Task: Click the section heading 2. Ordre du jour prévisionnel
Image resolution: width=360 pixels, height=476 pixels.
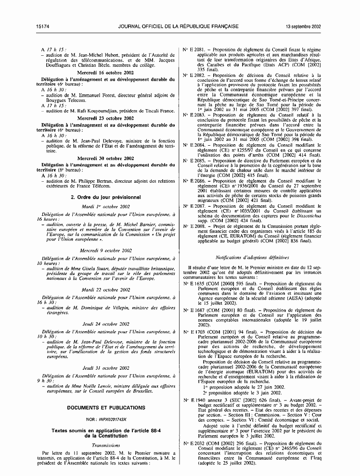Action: (x=105, y=197)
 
